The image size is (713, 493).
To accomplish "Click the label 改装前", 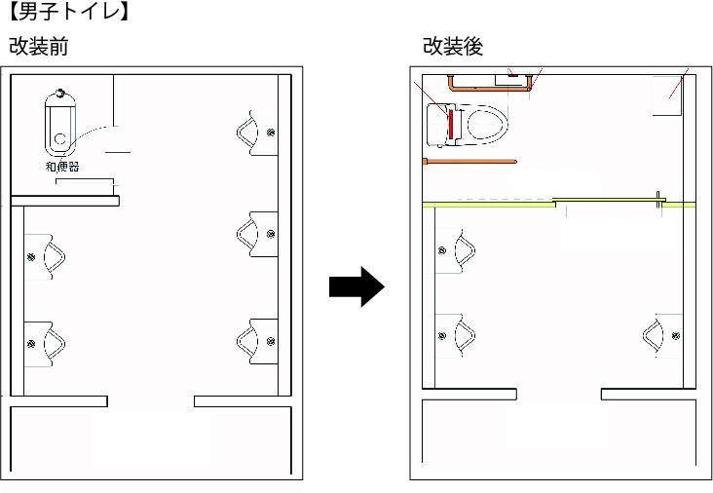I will point(38,46).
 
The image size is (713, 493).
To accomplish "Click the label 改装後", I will point(453,46).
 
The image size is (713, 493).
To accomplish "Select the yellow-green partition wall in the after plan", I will point(487,205).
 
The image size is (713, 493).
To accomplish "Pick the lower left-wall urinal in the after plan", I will point(460,336).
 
